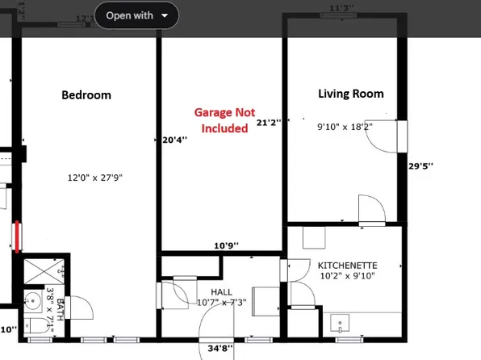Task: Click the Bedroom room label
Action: coord(86,95)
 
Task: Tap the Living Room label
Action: coord(350,94)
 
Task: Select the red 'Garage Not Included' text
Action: coord(221,120)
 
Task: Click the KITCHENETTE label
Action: coord(347,266)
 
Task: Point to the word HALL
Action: coord(222,291)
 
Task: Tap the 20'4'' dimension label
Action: coord(174,140)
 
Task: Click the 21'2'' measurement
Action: coord(267,123)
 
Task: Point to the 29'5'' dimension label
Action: coord(420,165)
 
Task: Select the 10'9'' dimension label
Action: coord(227,245)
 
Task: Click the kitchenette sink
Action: coord(341,324)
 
